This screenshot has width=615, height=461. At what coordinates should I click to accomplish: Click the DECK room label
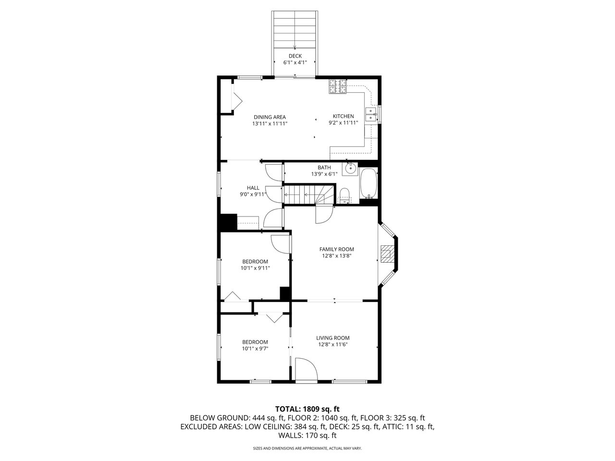(295, 56)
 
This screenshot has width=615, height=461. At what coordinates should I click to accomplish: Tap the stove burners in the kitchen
(337, 86)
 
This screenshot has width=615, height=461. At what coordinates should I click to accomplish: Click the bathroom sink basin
(350, 169)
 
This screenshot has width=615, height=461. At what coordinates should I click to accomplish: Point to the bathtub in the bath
(369, 183)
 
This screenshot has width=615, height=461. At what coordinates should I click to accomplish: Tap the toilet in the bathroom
(344, 195)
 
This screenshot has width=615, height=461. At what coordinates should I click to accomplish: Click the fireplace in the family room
(387, 254)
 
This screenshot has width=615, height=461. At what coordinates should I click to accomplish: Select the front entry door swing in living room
(306, 369)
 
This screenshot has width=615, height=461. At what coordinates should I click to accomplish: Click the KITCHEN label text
(343, 116)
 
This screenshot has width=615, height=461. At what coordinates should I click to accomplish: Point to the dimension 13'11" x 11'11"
(270, 123)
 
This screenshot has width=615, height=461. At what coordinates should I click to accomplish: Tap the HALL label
(253, 188)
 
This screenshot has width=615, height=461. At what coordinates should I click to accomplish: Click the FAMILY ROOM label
(336, 249)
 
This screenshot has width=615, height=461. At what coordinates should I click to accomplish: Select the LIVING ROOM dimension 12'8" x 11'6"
(333, 344)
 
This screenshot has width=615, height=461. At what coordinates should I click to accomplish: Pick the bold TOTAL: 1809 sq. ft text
(307, 409)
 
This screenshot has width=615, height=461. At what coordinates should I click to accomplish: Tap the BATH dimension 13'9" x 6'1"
(324, 174)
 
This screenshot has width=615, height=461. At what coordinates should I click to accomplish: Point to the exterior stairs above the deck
(295, 29)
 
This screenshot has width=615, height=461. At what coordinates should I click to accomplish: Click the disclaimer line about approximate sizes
(307, 449)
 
